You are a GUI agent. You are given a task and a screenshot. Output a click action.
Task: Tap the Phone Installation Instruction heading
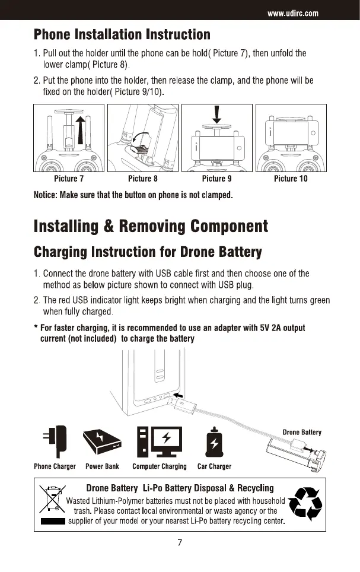coord(122,35)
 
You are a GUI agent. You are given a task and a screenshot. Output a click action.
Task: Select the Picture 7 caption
coord(69,179)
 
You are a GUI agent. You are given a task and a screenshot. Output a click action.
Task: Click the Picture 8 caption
coord(143,179)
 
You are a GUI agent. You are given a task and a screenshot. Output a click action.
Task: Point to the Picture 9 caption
coord(216,179)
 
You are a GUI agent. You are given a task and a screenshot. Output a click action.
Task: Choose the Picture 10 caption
coord(291,179)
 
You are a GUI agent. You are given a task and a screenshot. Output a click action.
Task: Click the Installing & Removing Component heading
coord(151,226)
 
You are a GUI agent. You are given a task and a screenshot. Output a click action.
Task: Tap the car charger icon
coord(214,443)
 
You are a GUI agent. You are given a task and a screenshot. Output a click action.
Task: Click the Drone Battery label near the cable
coord(302,432)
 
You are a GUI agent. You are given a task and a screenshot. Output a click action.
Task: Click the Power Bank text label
coord(103,466)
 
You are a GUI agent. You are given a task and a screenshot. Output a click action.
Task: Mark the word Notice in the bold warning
coord(47,195)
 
